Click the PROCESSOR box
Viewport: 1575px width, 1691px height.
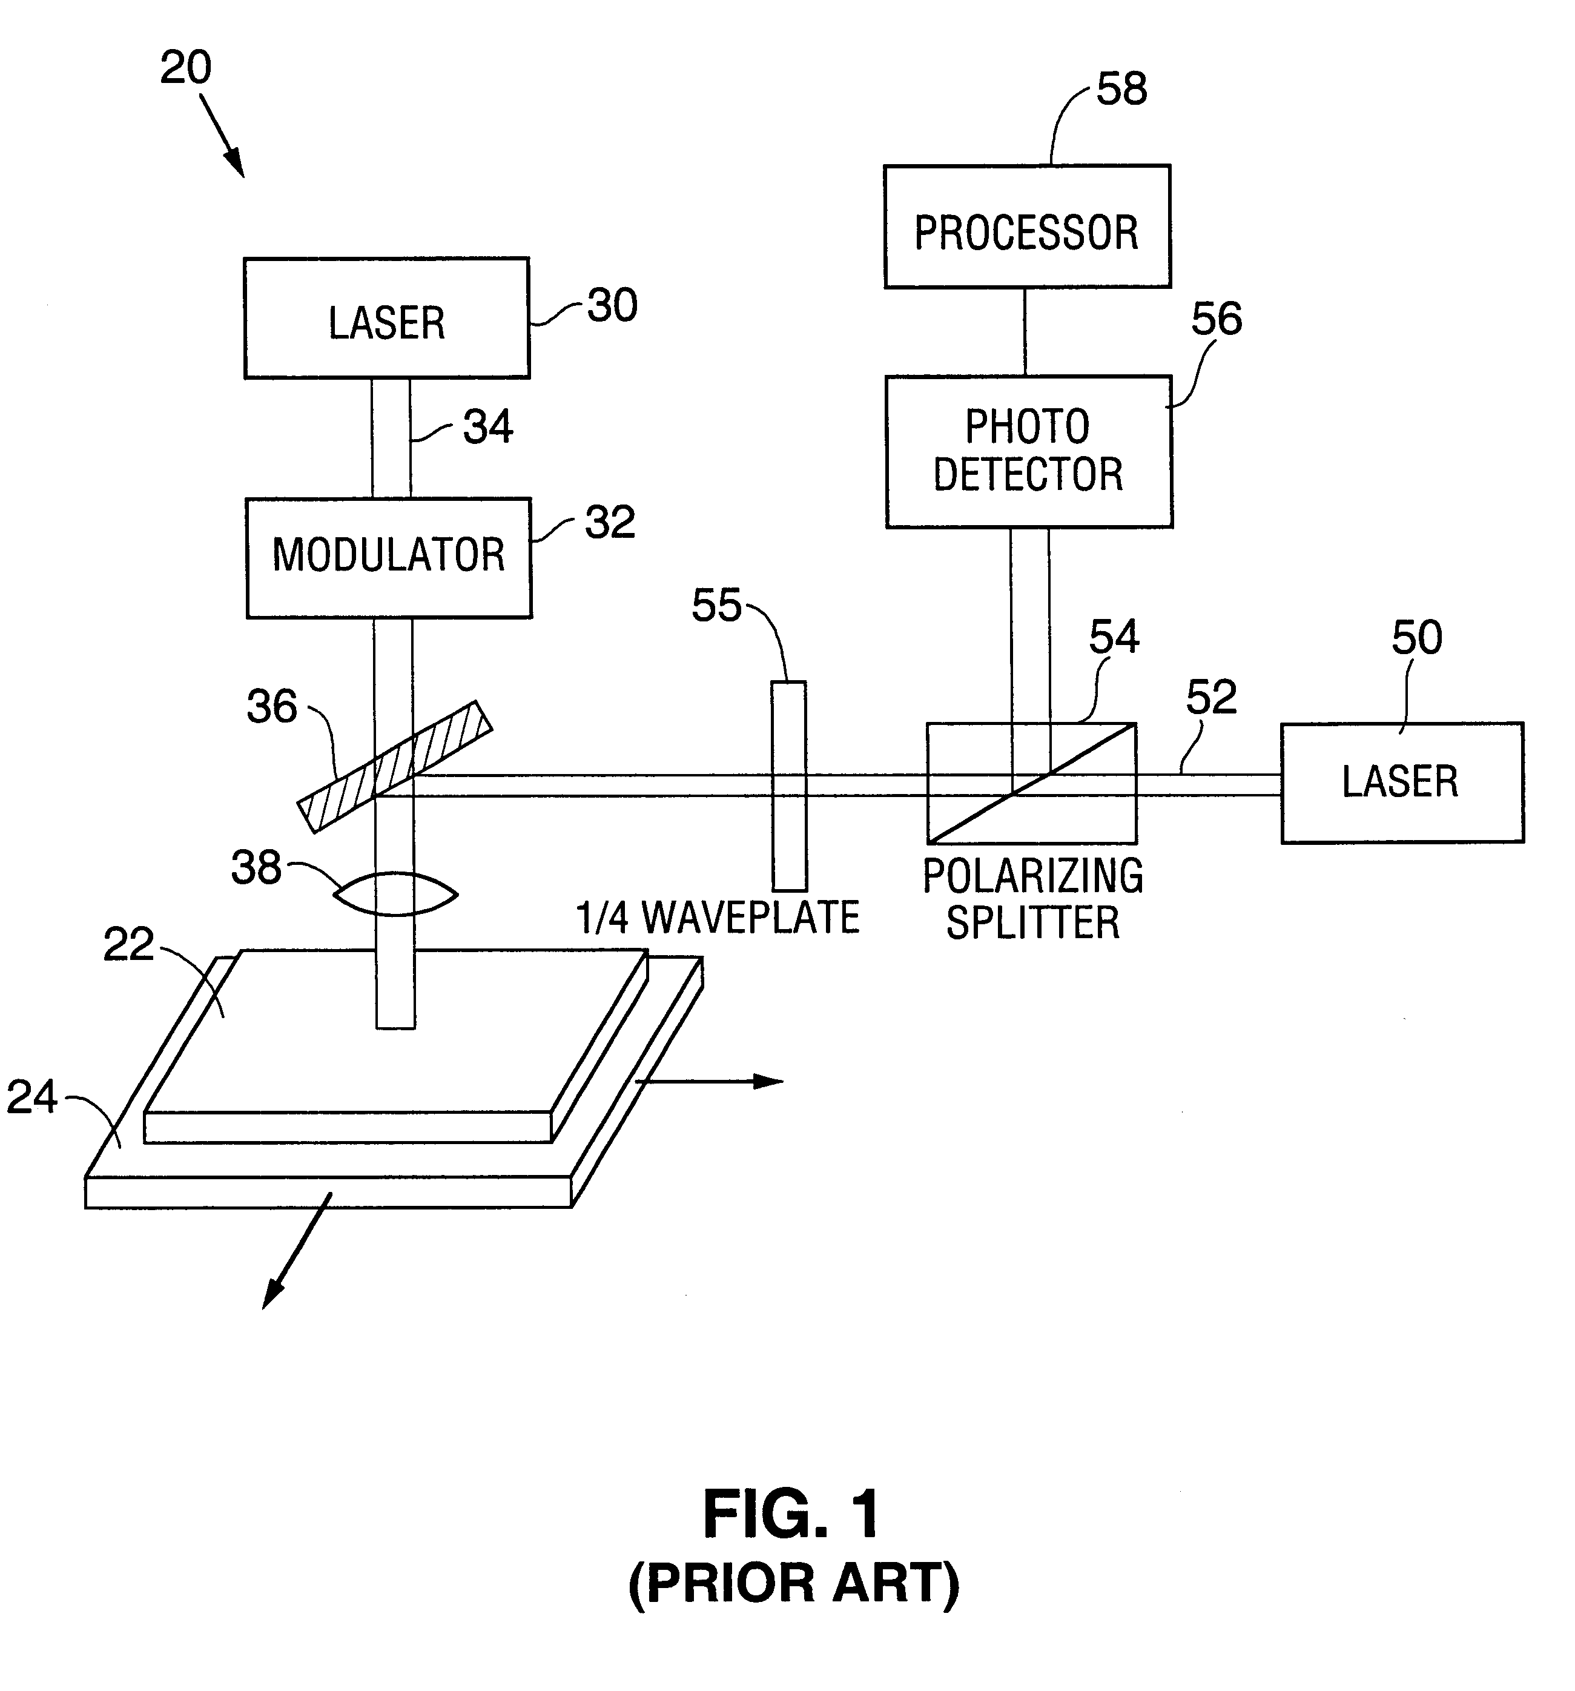pos(1026,227)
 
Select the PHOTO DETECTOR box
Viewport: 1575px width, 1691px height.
pos(1028,452)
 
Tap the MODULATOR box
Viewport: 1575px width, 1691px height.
pos(389,557)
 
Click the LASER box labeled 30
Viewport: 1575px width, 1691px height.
pos(387,318)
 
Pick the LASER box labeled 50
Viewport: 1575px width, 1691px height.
pos(1401,782)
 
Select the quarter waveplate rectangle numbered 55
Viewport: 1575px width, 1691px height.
pos(788,785)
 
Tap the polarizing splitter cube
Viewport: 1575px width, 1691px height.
pos(1031,783)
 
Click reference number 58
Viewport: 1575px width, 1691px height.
pos(1121,88)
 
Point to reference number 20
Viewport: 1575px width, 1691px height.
pos(185,67)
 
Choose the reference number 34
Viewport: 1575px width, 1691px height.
pos(487,427)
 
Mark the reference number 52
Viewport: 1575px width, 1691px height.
pos(1210,698)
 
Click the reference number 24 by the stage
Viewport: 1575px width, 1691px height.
pos(31,1097)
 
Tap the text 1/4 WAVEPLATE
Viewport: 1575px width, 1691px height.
pos(717,918)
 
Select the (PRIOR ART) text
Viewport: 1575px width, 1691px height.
pos(793,1583)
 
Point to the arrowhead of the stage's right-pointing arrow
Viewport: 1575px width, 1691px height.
pos(770,1081)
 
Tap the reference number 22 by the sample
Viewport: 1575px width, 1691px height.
pos(128,944)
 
